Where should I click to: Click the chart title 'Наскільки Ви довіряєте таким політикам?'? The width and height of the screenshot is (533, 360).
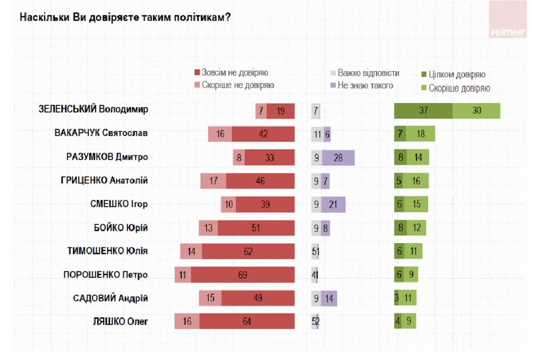click(x=125, y=17)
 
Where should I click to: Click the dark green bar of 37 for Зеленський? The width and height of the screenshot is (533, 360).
click(x=423, y=111)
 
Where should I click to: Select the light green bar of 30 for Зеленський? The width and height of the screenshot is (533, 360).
click(x=477, y=111)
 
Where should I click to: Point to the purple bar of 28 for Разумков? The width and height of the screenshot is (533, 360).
click(x=338, y=157)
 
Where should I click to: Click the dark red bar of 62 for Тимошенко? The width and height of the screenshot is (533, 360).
click(x=248, y=252)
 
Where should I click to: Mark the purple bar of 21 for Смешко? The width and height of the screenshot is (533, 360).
click(x=333, y=204)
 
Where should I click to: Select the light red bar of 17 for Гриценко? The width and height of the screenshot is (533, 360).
click(x=213, y=181)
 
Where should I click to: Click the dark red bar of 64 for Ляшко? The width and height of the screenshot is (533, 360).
click(x=247, y=321)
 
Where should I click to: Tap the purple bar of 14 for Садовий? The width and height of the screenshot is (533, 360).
click(x=329, y=298)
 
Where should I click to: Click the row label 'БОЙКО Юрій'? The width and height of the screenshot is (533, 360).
click(x=120, y=228)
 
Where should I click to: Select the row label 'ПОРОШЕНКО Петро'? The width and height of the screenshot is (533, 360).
click(x=105, y=275)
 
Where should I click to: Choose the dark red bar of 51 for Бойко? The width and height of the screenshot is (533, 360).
click(x=256, y=228)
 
